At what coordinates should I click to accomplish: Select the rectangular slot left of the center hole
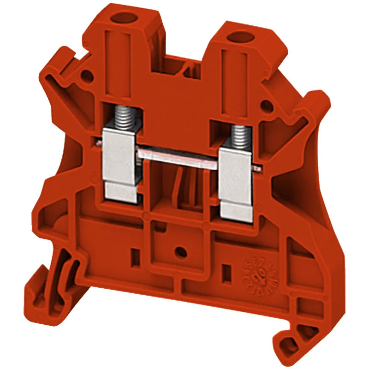[135, 253]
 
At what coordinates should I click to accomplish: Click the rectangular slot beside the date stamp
[226, 270]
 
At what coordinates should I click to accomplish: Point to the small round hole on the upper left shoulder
[85, 75]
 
